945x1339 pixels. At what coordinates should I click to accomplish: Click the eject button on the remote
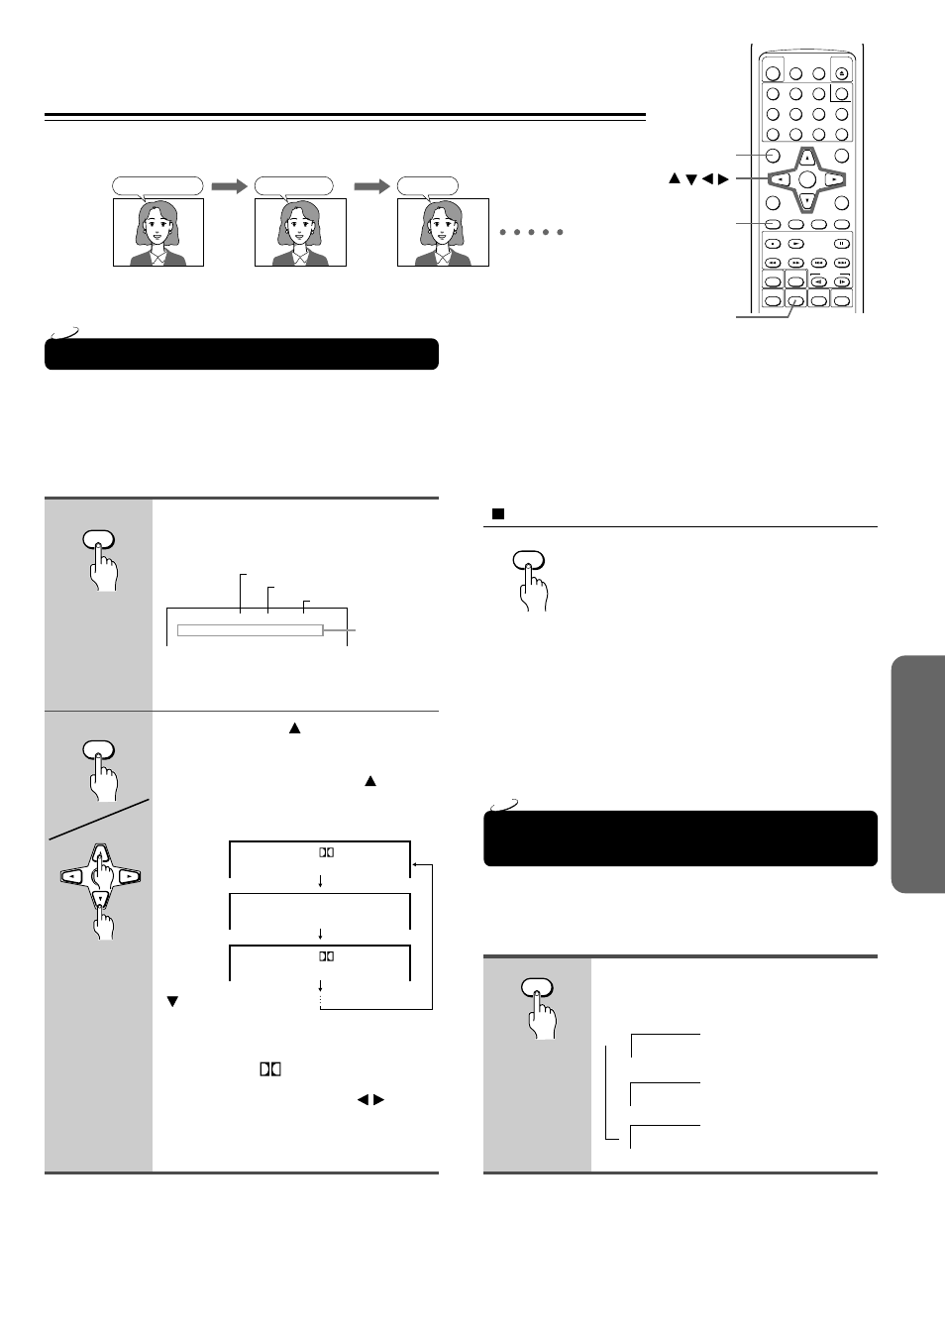[841, 72]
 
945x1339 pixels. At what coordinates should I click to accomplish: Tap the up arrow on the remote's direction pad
[807, 158]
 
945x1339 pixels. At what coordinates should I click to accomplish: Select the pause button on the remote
[841, 243]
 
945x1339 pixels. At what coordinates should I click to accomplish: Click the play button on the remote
[795, 243]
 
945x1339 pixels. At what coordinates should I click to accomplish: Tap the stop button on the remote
[773, 243]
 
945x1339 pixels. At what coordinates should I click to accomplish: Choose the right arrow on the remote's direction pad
[835, 179]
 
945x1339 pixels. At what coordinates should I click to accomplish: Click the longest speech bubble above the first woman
[157, 185]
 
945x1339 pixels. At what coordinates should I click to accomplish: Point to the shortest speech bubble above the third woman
[428, 185]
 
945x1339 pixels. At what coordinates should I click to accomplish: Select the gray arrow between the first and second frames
[229, 185]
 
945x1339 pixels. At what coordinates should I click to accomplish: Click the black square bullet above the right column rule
[498, 514]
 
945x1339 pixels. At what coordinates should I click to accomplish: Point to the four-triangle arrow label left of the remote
[698, 179]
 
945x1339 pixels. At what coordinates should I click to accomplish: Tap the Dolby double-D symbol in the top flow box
[326, 851]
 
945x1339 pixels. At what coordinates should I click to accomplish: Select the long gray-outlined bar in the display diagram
[250, 630]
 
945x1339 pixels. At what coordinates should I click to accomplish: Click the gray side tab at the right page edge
[917, 773]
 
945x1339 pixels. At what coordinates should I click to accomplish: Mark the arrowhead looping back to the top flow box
[416, 864]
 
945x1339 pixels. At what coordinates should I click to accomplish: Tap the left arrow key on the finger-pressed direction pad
[72, 876]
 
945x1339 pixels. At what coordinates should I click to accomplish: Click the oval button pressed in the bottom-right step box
[537, 987]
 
